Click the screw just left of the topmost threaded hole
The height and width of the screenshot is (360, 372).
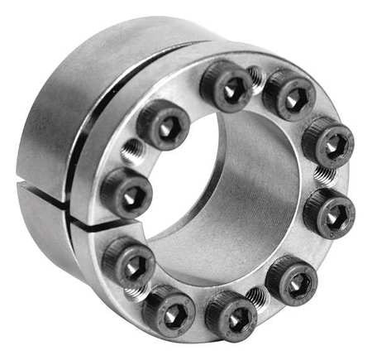pos(226,86)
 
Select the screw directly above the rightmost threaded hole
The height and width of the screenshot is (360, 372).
pos(327,142)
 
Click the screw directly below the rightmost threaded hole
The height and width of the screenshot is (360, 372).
pos(329,212)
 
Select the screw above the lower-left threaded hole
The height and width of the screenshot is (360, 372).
pos(126,260)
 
